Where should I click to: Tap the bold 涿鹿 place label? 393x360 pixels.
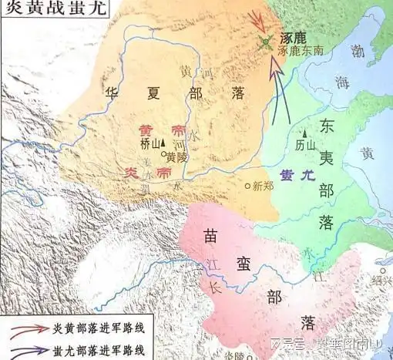point(294,37)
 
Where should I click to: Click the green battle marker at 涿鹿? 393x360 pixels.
point(265,41)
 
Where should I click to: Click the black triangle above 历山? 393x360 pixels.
point(304,133)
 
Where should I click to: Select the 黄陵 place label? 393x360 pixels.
point(177,156)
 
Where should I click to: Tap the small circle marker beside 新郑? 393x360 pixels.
point(247,186)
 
